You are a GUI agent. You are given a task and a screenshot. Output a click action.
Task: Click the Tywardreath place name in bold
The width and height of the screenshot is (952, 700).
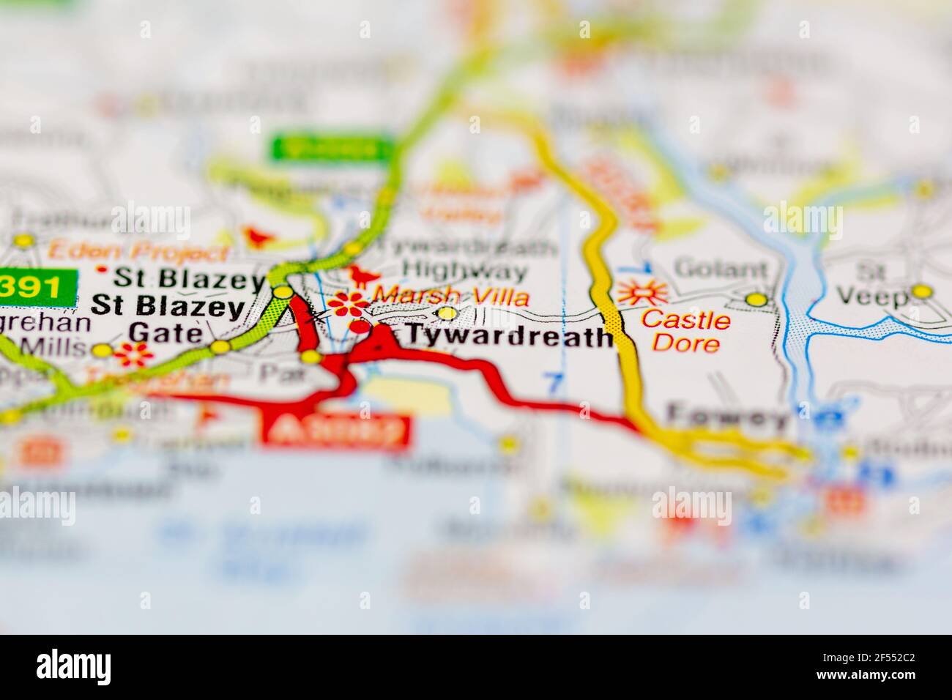(x=510, y=337)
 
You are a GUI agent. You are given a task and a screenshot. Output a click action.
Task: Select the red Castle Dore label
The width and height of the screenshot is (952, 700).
(x=685, y=331)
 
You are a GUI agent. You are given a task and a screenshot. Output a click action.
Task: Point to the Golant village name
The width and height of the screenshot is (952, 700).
(x=721, y=268)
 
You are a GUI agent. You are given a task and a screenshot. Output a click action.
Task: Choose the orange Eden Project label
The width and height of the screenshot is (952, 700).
(x=138, y=253)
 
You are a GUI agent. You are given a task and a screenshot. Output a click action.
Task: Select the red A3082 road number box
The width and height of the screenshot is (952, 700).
(x=335, y=431)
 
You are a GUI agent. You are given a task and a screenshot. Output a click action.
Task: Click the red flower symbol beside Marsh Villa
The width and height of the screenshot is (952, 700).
(x=348, y=302)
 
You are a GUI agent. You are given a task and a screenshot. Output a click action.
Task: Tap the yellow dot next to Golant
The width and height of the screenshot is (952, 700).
(x=755, y=299)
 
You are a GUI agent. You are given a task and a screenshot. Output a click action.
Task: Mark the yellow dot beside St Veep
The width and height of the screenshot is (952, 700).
(x=921, y=292)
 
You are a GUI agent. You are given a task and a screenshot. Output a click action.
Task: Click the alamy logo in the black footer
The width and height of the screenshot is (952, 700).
(x=74, y=666)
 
